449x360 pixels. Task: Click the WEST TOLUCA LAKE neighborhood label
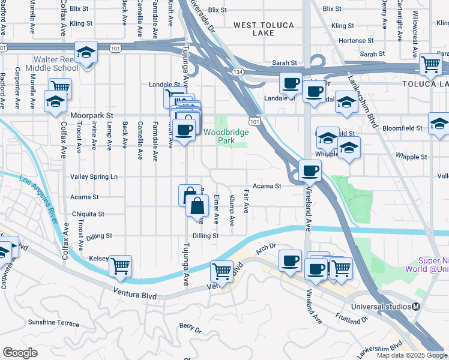254,29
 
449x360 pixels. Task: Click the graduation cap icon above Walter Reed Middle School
87,53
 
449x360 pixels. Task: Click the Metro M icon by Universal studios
416,305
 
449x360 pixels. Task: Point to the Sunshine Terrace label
53,323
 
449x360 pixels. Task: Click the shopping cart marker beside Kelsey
121,265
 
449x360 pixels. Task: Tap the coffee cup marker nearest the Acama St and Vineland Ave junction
310,171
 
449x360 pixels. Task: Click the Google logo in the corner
20,353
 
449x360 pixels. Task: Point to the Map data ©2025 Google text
411,355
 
